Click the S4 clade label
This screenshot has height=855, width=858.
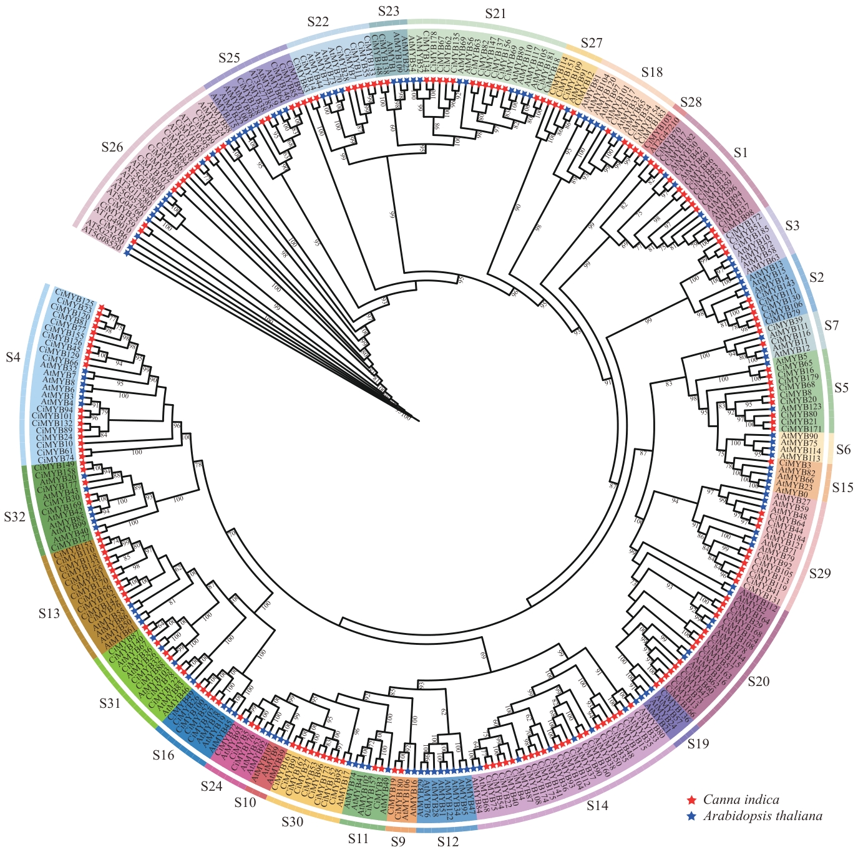(12, 357)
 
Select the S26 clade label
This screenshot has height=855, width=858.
(113, 148)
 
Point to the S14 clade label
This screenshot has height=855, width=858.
(598, 805)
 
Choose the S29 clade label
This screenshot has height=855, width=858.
(819, 573)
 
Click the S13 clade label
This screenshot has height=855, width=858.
(49, 614)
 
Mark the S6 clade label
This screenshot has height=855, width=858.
(844, 449)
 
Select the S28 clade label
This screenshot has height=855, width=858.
(691, 102)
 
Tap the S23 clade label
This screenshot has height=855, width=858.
(389, 11)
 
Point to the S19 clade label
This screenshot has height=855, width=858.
(698, 743)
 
